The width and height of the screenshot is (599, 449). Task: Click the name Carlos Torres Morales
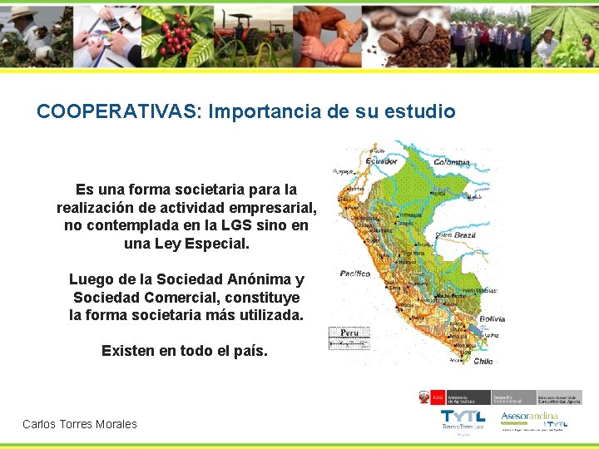[x=80, y=424]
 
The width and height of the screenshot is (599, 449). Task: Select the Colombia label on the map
[x=451, y=162]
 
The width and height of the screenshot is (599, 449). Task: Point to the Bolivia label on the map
[x=492, y=318]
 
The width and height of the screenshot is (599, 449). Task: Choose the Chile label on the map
[x=483, y=361]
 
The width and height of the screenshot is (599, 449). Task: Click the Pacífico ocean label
[x=355, y=274]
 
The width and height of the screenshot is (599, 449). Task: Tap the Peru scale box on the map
[x=349, y=337]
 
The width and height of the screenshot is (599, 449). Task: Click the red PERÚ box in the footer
[x=438, y=397]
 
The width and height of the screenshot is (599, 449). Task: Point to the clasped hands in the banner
[x=329, y=35]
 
